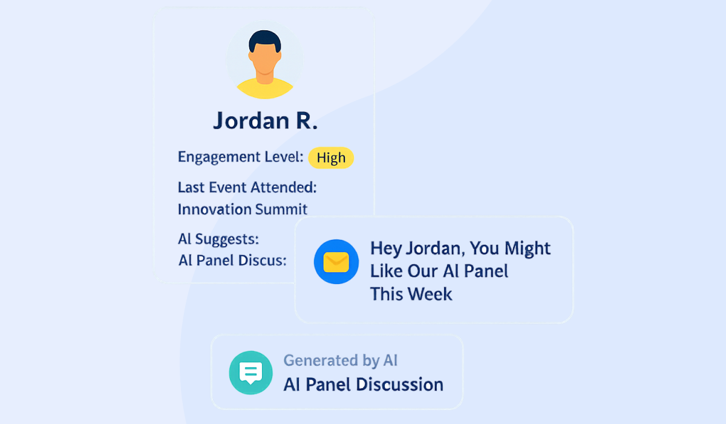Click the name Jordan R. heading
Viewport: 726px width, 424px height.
(x=265, y=121)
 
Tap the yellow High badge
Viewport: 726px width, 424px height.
(x=331, y=158)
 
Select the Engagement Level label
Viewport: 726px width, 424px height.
(x=240, y=157)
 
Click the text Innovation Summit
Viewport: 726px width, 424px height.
(x=243, y=210)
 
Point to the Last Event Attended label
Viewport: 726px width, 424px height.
(x=247, y=188)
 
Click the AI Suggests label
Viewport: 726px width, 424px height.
(x=218, y=239)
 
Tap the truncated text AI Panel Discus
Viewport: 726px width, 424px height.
(x=232, y=260)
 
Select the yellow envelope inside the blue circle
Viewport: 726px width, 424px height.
(x=336, y=262)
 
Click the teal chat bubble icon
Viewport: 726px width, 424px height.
(x=250, y=373)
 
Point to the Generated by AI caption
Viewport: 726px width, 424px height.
(x=340, y=360)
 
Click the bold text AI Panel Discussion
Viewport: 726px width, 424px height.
(x=363, y=385)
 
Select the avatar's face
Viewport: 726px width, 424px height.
(x=265, y=61)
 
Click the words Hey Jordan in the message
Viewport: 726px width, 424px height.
(x=417, y=248)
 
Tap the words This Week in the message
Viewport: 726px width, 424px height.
(x=411, y=294)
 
